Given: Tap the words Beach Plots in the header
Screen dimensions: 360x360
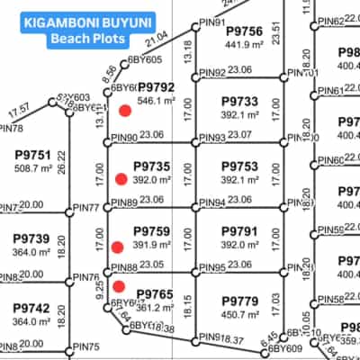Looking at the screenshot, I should coord(75,39).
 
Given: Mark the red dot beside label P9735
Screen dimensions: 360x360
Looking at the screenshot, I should coord(120,179).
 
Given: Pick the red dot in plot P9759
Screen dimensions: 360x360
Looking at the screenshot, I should coord(117,247).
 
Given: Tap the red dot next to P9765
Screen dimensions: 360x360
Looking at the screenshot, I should coord(119,286).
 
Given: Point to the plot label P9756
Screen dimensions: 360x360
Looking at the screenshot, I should coord(244,31).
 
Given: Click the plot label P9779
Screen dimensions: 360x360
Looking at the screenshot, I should coord(239,299).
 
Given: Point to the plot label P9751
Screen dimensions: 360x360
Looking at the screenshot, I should coord(32,154).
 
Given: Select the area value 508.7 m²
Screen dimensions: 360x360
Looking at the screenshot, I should coord(32,167).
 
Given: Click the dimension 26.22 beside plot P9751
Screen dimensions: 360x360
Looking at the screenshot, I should coord(61,160).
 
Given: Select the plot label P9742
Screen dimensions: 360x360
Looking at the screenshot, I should coord(32,307).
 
